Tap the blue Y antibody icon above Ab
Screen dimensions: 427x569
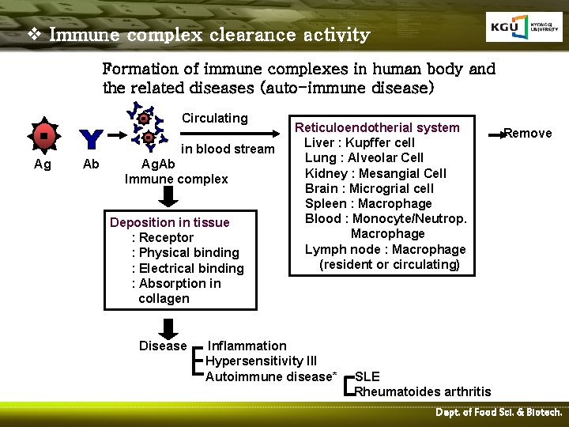[91, 139]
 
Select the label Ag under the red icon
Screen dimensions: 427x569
[43, 164]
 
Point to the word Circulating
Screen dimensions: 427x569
[215, 118]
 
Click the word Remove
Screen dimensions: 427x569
[528, 133]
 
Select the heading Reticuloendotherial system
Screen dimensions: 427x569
[377, 127]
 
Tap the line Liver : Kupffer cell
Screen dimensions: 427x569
[360, 142]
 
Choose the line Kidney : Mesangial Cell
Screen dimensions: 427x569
[375, 173]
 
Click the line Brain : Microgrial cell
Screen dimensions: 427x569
[369, 188]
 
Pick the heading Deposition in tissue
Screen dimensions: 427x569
[170, 222]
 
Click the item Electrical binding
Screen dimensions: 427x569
[190, 268]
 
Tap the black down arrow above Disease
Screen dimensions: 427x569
[168, 327]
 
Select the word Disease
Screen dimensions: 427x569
[163, 346]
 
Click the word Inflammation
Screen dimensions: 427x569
[247, 346]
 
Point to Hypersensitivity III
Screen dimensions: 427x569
[261, 361]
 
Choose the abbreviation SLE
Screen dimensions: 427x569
[367, 376]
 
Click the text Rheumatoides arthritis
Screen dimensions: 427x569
[423, 391]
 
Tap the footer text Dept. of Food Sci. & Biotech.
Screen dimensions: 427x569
[499, 412]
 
